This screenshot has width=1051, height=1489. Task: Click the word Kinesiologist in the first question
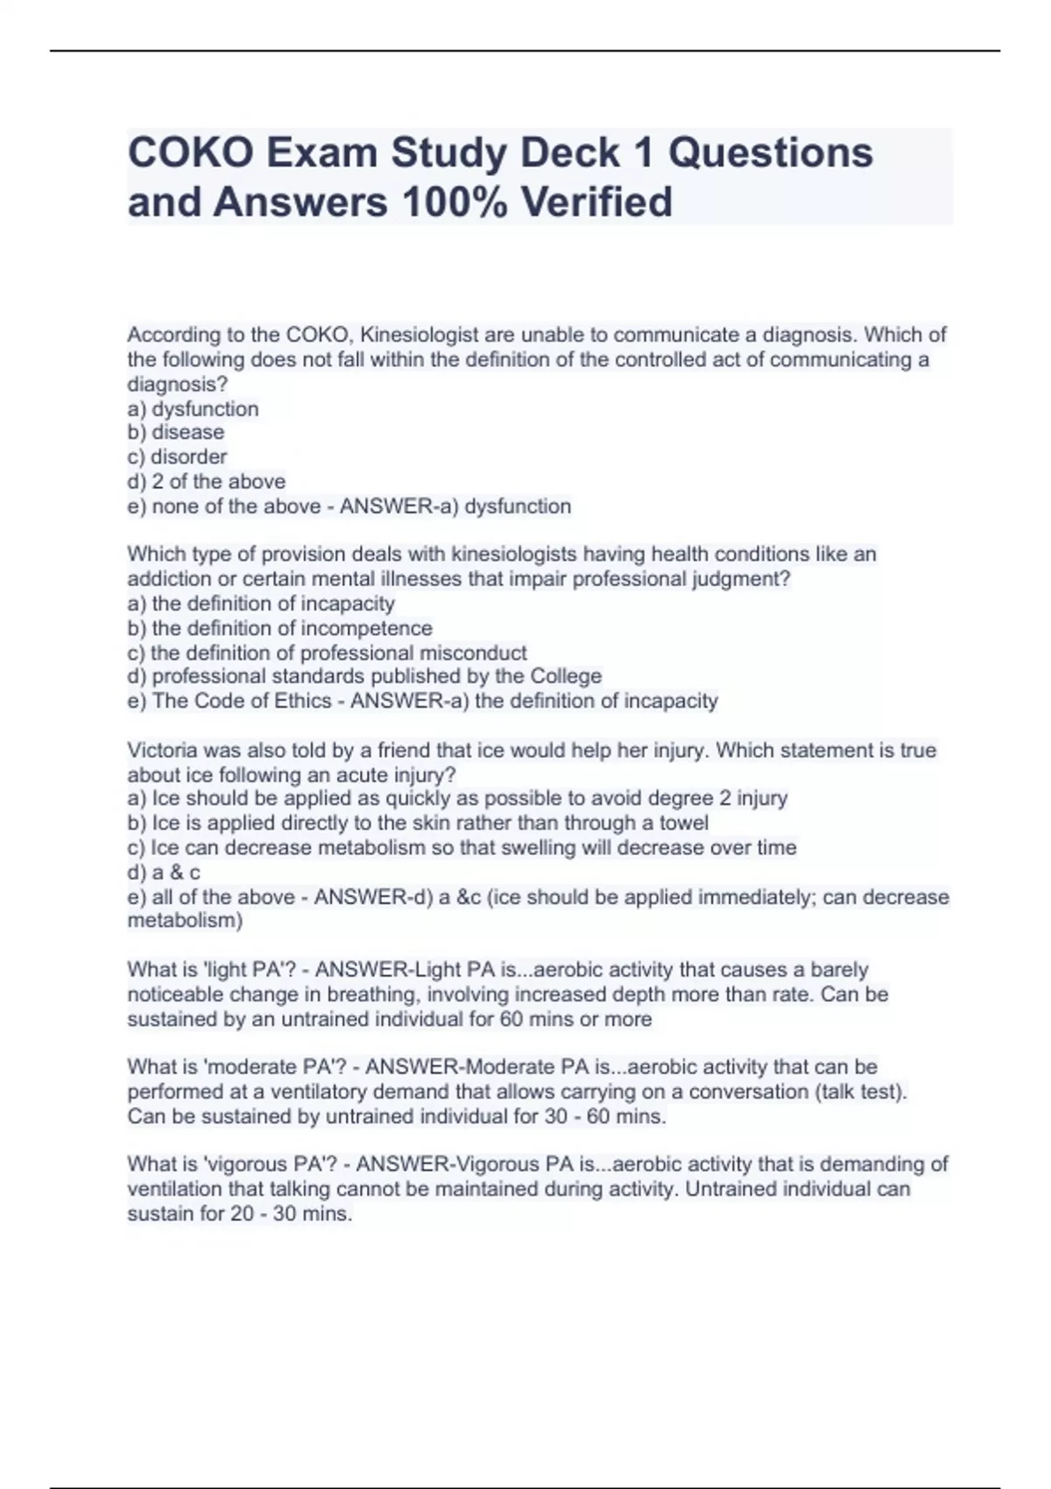[x=420, y=335]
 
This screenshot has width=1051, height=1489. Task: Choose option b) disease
[x=176, y=432]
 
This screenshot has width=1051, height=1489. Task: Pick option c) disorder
[x=177, y=456]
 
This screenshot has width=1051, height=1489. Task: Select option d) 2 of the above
[x=207, y=481]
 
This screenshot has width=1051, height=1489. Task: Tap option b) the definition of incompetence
[x=280, y=628]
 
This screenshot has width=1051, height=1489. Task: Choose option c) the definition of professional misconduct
[x=328, y=653]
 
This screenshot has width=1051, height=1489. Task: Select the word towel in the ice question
[x=683, y=823]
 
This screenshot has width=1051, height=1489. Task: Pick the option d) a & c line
[x=164, y=872]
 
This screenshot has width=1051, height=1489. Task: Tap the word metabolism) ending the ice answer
[x=185, y=921]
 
